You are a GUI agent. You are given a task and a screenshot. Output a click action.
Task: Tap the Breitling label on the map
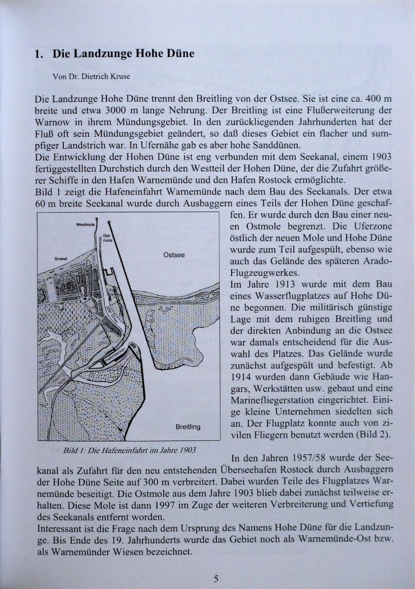click(187, 427)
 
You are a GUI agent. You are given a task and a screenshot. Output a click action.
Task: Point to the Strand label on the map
click(60, 259)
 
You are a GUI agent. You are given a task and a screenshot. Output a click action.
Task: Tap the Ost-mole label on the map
click(107, 237)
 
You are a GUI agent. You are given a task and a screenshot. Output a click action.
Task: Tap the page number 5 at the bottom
click(215, 579)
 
